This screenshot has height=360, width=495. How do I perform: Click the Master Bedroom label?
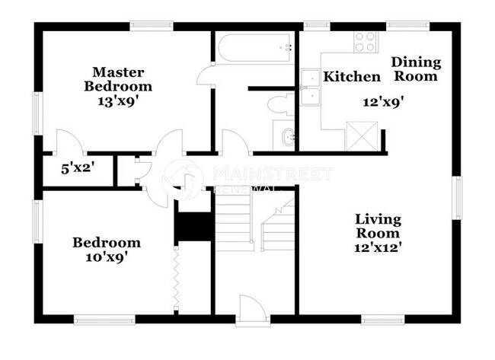pos(117,79)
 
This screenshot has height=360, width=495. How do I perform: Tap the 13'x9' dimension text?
pos(117,99)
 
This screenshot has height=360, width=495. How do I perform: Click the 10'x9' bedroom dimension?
pos(106,256)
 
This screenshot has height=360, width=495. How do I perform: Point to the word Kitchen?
pos(351,77)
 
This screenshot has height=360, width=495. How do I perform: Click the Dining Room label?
pos(416,69)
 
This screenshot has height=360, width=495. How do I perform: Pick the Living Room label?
pos(377,227)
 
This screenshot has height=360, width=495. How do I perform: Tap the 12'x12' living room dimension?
pos(377,247)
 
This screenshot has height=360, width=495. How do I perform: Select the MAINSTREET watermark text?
pos(272,174)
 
